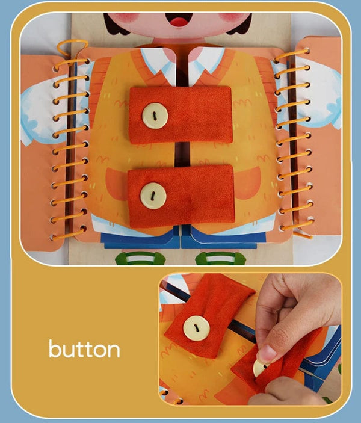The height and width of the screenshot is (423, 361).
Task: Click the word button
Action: click(84, 348)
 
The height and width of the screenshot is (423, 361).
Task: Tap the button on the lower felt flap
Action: click(153, 196)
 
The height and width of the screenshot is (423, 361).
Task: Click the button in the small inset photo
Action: click(196, 328)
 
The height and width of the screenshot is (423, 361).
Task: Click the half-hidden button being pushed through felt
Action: click(260, 368)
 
